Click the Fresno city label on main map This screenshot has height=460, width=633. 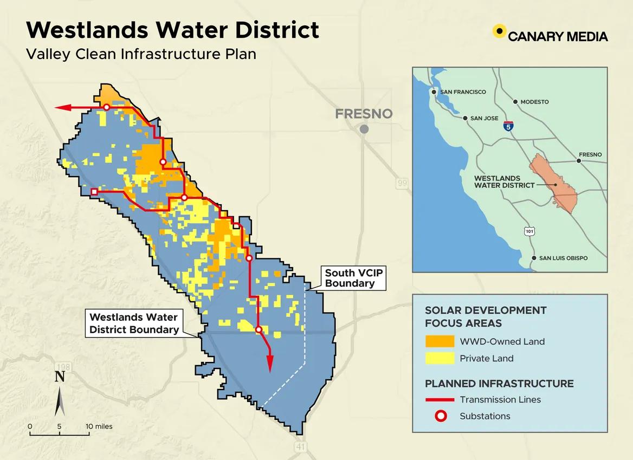363,114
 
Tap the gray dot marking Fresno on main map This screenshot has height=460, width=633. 364,129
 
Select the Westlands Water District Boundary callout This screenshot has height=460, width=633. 134,323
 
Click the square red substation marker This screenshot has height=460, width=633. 94,192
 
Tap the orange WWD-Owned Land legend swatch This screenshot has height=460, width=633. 440,341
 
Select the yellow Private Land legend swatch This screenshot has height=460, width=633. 440,358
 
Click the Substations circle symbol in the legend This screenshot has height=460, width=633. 440,417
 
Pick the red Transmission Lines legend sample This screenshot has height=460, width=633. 440,400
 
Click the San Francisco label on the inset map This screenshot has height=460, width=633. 463,92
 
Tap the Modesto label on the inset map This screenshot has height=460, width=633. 534,102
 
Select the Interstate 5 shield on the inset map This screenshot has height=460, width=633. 508,127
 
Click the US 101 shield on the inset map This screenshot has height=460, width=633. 529,231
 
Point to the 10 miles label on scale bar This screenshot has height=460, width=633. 100,426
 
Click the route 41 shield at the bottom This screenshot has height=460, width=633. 301,446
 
